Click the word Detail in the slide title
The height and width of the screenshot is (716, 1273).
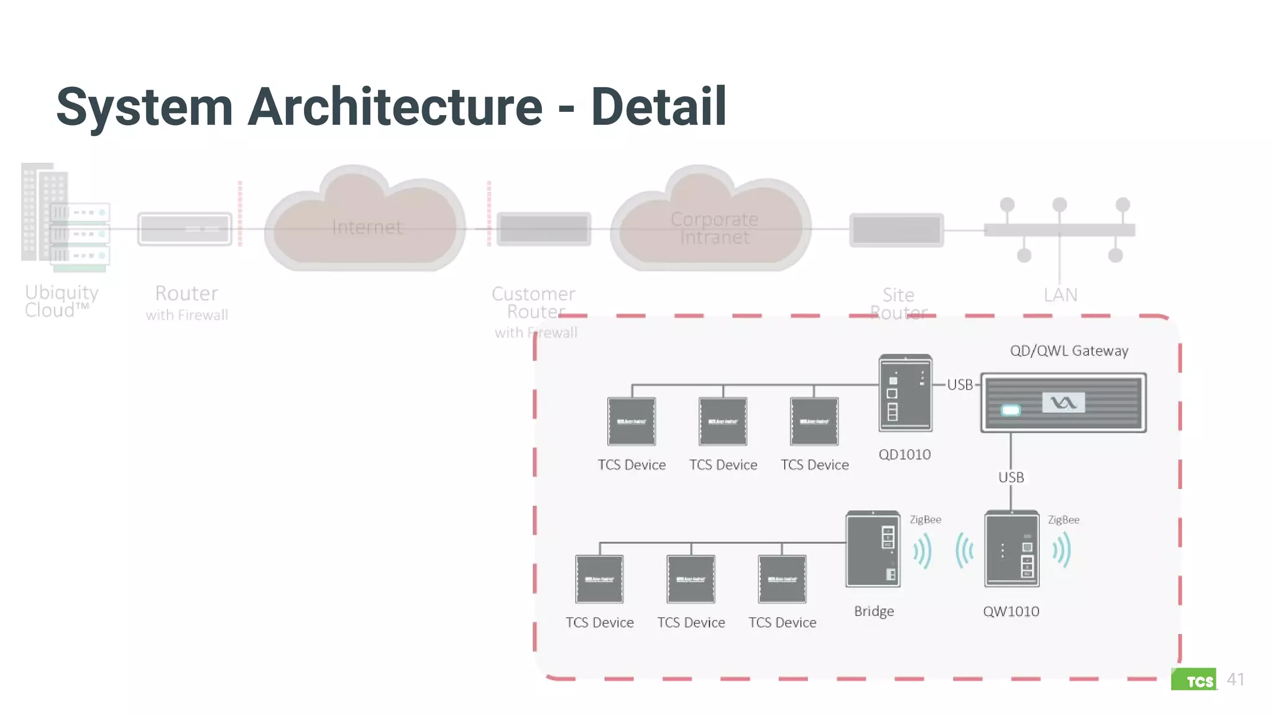click(x=658, y=107)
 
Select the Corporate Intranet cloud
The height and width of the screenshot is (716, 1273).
click(x=712, y=227)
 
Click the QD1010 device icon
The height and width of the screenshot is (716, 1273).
click(x=905, y=393)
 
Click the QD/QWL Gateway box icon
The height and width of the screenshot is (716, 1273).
click(x=1063, y=403)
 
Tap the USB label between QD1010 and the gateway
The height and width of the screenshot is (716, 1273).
click(x=960, y=385)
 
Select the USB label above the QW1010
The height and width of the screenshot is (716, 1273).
click(x=1011, y=477)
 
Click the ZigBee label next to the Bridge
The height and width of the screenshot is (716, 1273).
click(x=925, y=520)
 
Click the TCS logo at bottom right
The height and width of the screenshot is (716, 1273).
click(x=1194, y=680)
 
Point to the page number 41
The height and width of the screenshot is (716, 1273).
click(x=1235, y=679)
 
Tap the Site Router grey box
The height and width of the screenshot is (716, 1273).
click(x=896, y=230)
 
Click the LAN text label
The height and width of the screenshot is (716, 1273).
click(x=1060, y=295)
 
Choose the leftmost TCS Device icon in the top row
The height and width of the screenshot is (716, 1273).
click(x=632, y=421)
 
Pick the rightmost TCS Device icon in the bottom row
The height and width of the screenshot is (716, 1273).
click(x=782, y=579)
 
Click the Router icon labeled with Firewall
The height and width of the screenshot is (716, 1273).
click(x=185, y=229)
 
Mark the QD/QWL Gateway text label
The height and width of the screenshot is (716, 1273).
click(x=1068, y=351)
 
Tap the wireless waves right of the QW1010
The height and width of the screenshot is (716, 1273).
click(x=1061, y=551)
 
